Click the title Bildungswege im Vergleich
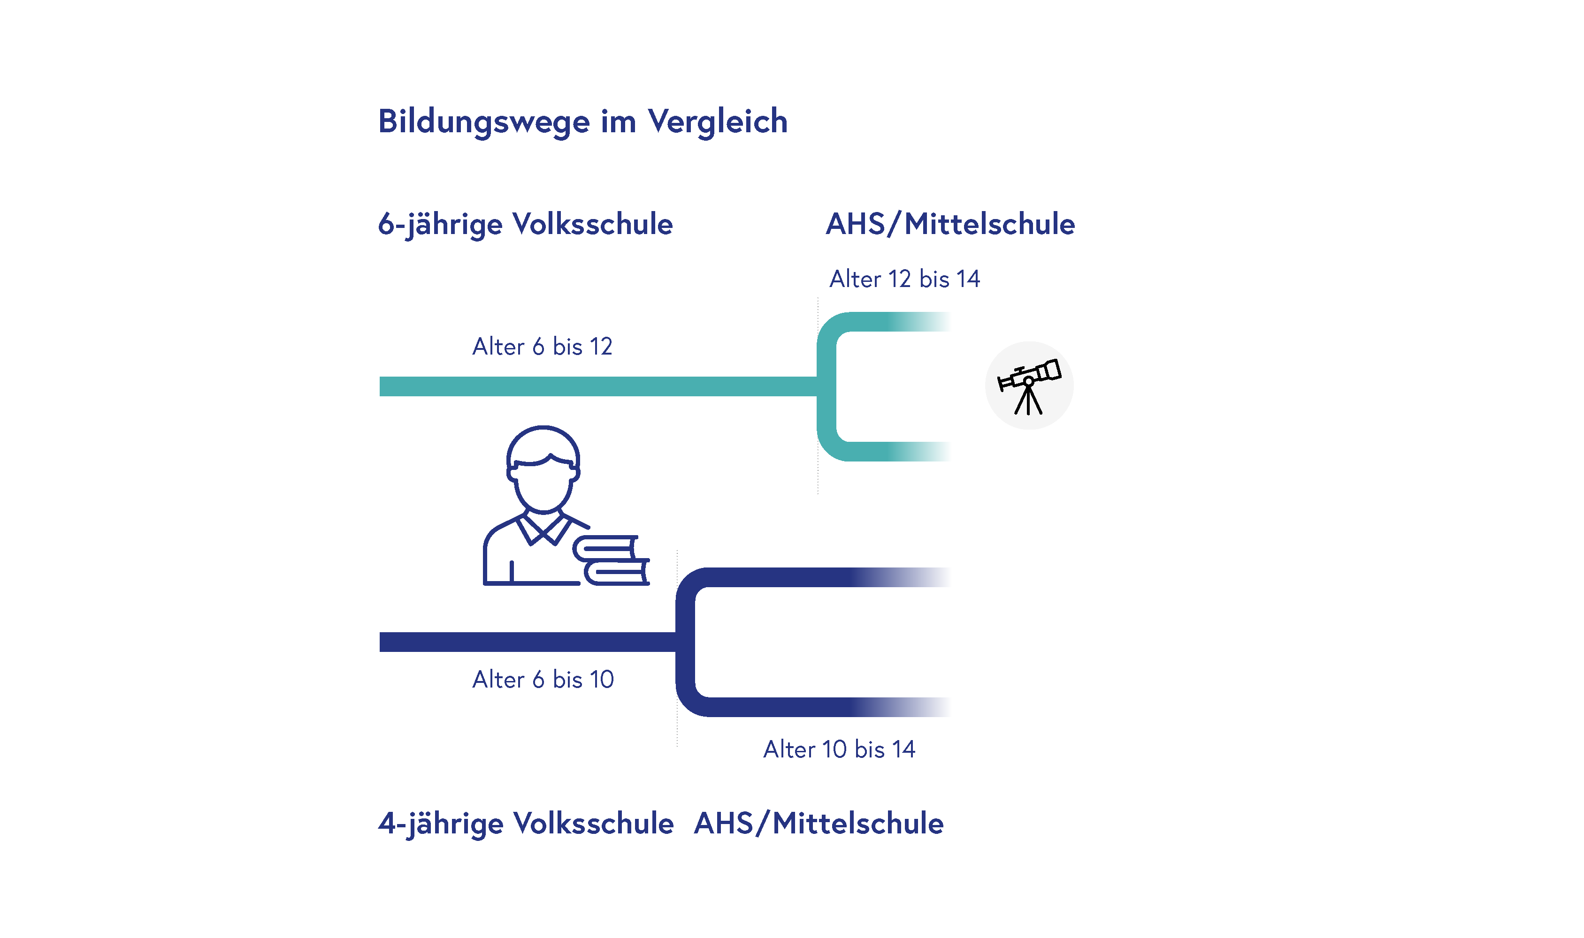tap(582, 121)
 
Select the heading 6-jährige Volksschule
tap(525, 224)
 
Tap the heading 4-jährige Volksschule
tap(526, 824)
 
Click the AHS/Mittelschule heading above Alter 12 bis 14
tap(950, 224)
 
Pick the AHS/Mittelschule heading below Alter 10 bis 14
tap(818, 824)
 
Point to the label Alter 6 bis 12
tap(542, 347)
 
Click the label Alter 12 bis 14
tap(904, 279)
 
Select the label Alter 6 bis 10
tap(543, 680)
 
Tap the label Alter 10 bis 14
tap(839, 749)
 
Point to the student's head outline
tap(543, 468)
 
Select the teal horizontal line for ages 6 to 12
tap(594, 386)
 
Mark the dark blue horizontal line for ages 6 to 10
tap(525, 642)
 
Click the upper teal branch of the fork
tap(898, 322)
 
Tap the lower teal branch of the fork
tap(898, 451)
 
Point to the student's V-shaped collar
tap(543, 530)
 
